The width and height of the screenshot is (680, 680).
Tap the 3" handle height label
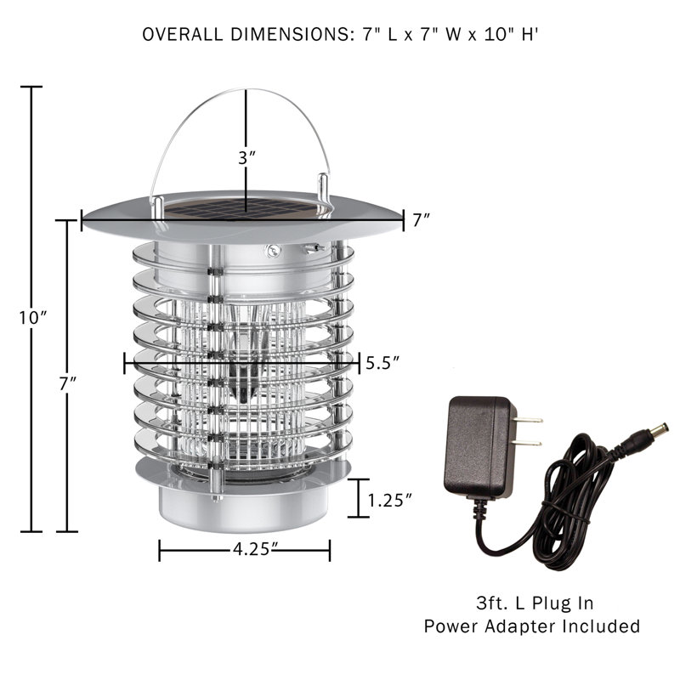[246, 158]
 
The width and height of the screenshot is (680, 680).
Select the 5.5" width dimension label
[382, 363]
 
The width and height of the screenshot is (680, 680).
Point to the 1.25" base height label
[390, 500]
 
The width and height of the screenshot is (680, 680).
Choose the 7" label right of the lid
[421, 221]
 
